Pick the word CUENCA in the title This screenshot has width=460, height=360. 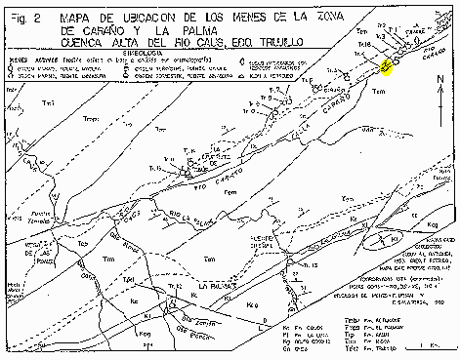click(82, 43)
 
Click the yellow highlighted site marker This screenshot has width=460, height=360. click(386, 65)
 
